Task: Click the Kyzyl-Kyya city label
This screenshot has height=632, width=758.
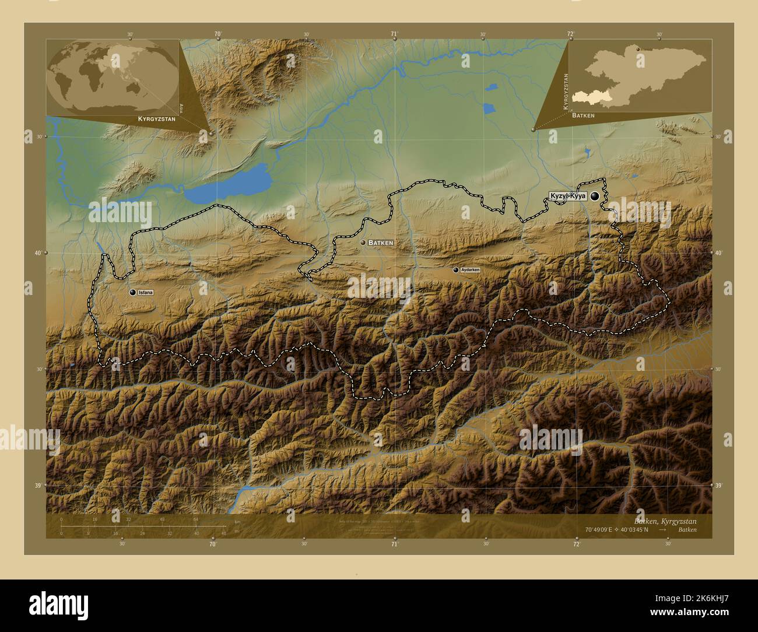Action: (x=567, y=197)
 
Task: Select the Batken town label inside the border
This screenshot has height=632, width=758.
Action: (x=381, y=242)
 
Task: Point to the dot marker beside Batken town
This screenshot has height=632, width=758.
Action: (x=363, y=242)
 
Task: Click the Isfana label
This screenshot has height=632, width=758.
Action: (x=146, y=292)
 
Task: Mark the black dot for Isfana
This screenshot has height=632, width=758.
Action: (x=133, y=292)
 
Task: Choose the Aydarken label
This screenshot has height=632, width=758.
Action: (x=470, y=270)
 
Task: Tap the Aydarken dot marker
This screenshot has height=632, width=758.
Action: (x=455, y=270)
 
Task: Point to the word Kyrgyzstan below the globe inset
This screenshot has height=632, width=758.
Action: (x=156, y=118)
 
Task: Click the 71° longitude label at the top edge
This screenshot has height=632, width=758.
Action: (x=394, y=34)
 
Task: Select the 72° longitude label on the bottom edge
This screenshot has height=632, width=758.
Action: (x=576, y=544)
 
